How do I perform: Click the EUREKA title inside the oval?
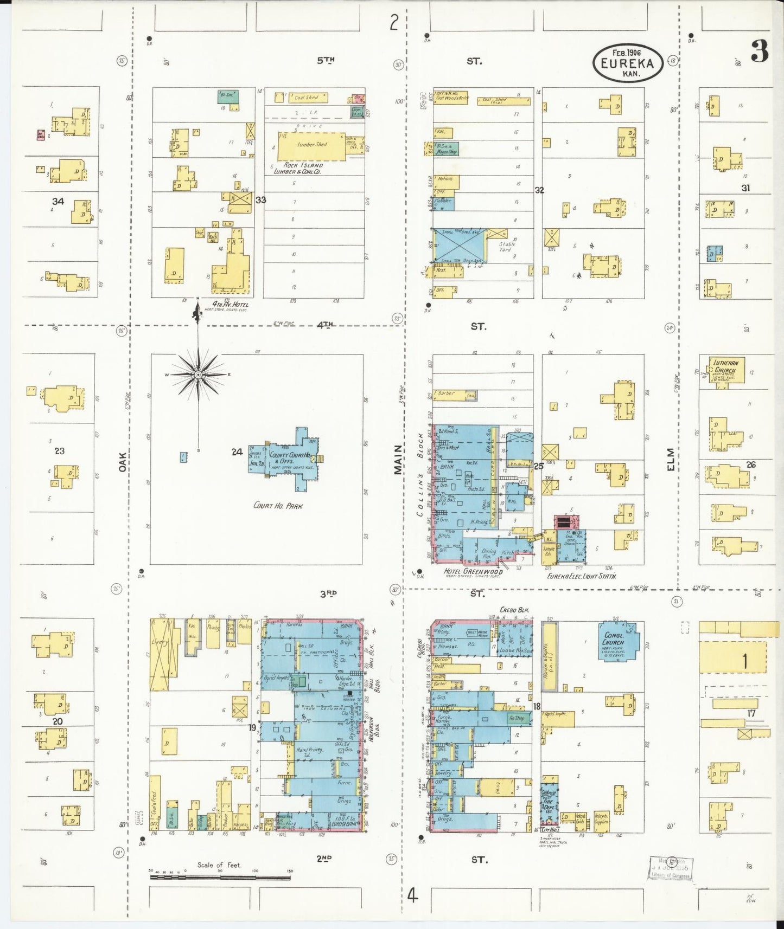627,63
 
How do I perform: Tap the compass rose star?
199,375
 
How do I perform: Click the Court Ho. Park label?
278,506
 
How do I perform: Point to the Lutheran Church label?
725,366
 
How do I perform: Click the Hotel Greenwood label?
473,571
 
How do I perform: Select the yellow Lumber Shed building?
313,145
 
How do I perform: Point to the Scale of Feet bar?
220,871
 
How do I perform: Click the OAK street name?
123,461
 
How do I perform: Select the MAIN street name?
399,460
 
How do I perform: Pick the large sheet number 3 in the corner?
759,52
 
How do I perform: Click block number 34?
58,202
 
